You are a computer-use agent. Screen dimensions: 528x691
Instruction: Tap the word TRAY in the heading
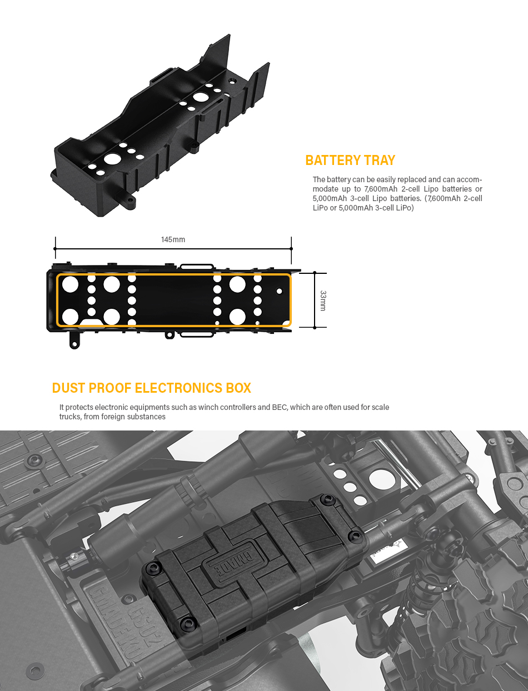click(x=380, y=160)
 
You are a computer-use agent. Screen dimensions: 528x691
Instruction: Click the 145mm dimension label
click(x=173, y=239)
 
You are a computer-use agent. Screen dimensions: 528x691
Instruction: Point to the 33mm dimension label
click(x=323, y=301)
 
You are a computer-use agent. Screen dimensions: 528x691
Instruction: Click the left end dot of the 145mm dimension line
click(x=56, y=249)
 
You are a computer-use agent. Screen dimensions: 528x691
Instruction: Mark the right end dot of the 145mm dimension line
click(x=291, y=249)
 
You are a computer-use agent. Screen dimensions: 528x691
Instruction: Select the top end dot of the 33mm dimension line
click(x=315, y=273)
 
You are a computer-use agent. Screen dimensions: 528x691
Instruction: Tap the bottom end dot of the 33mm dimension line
click(x=315, y=328)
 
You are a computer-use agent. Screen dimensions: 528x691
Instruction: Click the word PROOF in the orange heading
click(x=110, y=388)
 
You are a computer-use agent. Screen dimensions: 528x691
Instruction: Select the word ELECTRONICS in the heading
click(x=179, y=388)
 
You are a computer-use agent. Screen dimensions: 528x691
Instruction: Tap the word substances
click(x=148, y=417)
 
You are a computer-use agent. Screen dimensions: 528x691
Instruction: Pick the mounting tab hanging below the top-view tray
click(x=74, y=341)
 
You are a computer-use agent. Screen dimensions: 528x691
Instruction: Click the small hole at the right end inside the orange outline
click(x=279, y=291)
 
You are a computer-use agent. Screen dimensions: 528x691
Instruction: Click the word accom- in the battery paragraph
click(x=469, y=179)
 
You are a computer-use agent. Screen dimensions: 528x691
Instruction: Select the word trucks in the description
click(x=69, y=417)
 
